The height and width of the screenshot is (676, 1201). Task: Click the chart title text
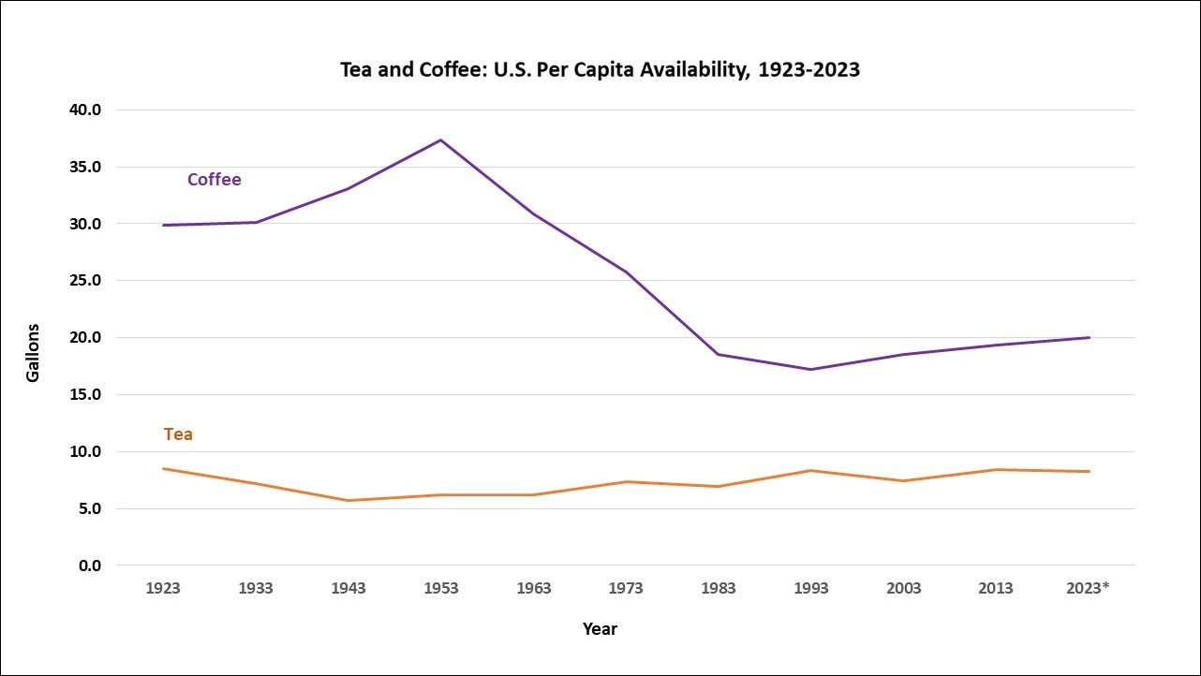(600, 70)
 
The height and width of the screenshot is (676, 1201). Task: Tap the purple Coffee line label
(214, 180)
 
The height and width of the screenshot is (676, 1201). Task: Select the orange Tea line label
(178, 434)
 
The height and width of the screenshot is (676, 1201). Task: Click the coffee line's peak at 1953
(441, 140)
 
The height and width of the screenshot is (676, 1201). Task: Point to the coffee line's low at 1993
(811, 369)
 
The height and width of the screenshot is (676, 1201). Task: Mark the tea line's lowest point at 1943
(348, 500)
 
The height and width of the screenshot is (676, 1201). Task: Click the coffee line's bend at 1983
(719, 354)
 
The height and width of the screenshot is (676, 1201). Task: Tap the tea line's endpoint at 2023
(1089, 471)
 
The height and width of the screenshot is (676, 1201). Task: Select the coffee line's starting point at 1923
(164, 225)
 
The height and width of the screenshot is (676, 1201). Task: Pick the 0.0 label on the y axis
(90, 566)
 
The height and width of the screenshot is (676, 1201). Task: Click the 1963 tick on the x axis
(533, 589)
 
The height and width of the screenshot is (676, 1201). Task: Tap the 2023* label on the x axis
(1089, 589)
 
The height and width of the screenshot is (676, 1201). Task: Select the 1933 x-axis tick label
(256, 589)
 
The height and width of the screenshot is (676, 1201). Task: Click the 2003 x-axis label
(903, 589)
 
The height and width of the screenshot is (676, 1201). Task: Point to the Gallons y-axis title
(33, 352)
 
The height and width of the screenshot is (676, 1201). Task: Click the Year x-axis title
(600, 629)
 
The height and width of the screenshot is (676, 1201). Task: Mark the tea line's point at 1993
(811, 470)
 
